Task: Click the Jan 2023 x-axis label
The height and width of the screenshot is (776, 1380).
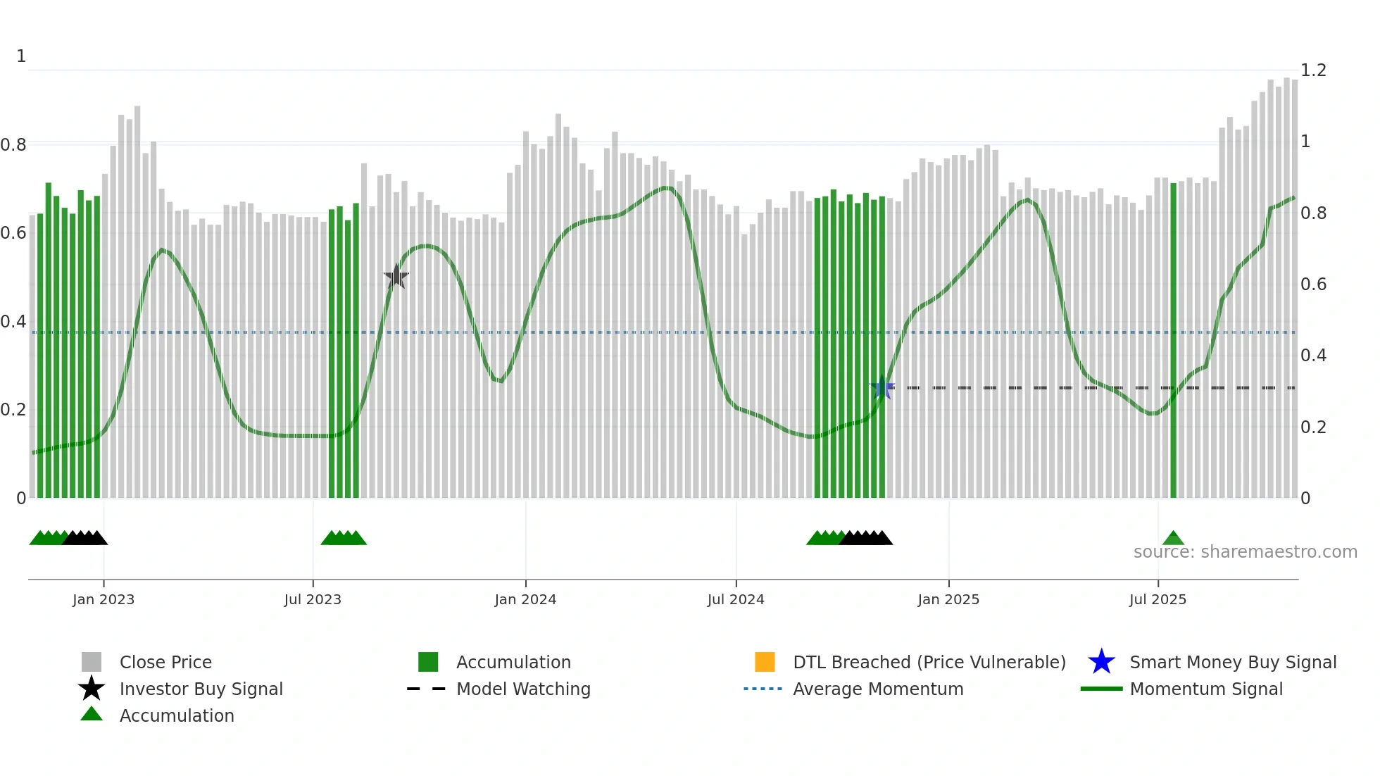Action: [103, 599]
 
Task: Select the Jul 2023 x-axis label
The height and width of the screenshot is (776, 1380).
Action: [313, 599]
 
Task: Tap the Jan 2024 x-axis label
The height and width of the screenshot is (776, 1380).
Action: [525, 599]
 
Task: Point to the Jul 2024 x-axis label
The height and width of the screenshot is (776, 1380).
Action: [736, 599]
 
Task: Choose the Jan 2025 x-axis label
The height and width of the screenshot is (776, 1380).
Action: [948, 599]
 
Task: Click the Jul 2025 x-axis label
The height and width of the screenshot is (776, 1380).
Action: [1158, 599]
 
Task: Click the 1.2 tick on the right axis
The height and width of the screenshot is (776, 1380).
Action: [1313, 70]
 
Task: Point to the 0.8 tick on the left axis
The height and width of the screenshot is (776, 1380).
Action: [13, 145]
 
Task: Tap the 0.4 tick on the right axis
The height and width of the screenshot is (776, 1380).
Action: [1313, 356]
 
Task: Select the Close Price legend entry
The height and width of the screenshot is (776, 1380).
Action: [165, 662]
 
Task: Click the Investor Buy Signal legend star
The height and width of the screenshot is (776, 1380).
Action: [92, 689]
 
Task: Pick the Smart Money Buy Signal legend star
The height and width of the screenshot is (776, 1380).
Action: [1101, 662]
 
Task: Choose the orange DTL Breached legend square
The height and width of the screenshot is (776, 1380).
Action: [765, 662]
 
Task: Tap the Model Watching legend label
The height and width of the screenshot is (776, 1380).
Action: [523, 689]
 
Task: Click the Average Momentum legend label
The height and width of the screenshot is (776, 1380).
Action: [878, 689]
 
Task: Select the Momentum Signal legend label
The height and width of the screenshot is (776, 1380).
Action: [1206, 689]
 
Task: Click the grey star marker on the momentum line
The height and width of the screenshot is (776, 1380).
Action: [396, 277]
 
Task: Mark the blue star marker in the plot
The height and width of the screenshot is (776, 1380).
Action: [882, 387]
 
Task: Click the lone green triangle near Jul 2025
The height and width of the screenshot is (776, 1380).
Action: [1173, 539]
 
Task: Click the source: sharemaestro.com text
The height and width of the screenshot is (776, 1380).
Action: [1245, 552]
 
